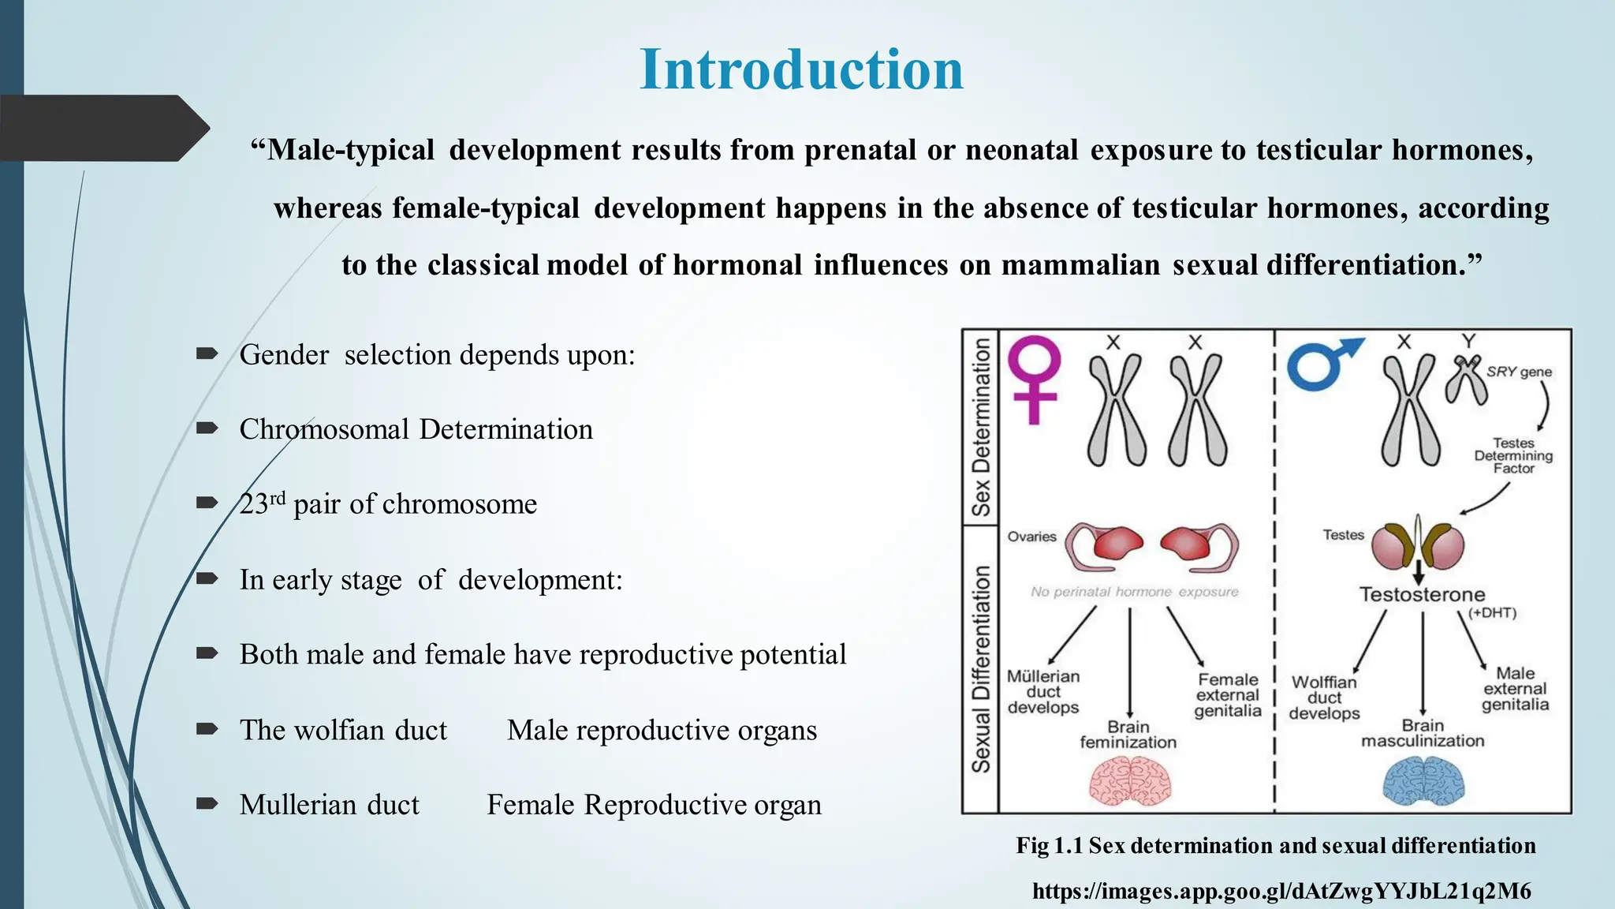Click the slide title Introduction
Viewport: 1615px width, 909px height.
tap(801, 69)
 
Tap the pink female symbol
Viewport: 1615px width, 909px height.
tap(1035, 377)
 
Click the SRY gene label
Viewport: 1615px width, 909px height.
tap(1519, 372)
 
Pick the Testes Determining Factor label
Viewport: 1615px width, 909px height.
tap(1513, 456)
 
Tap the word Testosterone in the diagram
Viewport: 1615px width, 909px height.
tap(1422, 595)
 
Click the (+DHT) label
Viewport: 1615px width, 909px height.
tap(1492, 613)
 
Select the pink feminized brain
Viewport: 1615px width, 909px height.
tap(1130, 781)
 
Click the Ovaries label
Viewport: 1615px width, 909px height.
tap(1031, 537)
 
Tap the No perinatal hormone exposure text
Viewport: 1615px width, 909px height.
tap(1134, 592)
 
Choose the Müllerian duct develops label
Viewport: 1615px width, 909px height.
tap(1043, 692)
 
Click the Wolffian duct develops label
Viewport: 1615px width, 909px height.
tap(1325, 698)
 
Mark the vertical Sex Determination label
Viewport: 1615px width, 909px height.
tap(980, 427)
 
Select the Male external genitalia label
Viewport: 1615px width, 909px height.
tap(1515, 689)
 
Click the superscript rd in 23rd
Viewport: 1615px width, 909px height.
tap(277, 498)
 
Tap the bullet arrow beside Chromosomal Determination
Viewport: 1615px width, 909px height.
tap(207, 428)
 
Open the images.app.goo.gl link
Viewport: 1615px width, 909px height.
tap(1281, 892)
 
